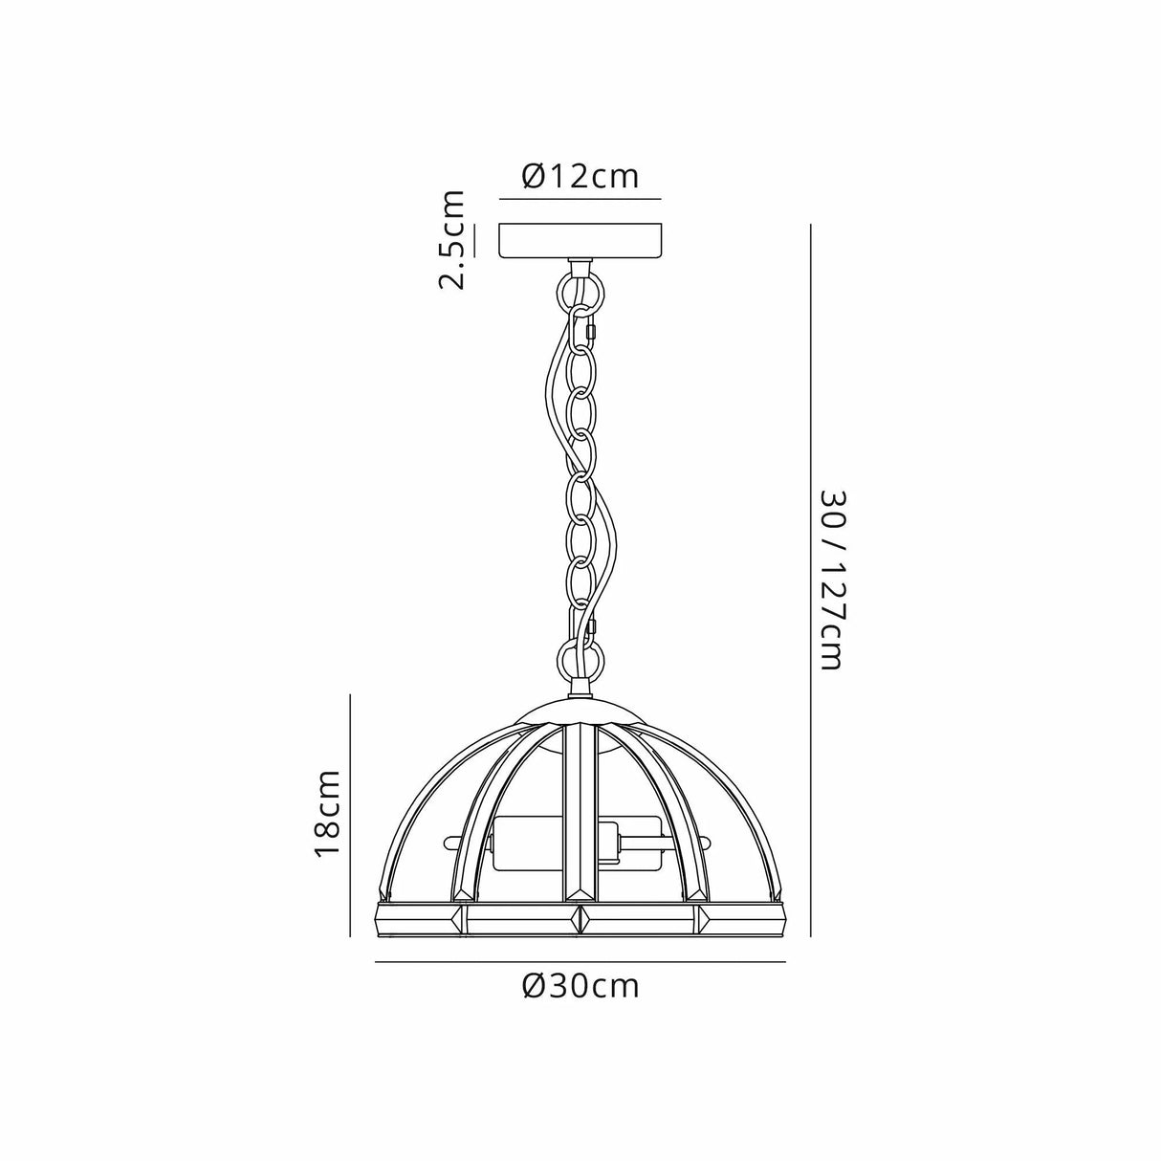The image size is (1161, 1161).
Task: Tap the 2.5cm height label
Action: pyautogui.click(x=451, y=240)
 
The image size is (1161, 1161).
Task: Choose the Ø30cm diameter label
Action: pyautogui.click(x=580, y=986)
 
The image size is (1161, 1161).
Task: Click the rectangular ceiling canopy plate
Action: pyautogui.click(x=580, y=240)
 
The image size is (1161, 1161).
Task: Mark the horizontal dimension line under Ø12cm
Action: pyautogui.click(x=580, y=199)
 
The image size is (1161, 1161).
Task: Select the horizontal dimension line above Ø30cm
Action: pyautogui.click(x=580, y=961)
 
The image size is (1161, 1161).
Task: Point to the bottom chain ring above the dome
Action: pyautogui.click(x=580, y=659)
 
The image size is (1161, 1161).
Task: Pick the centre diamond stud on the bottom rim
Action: pyautogui.click(x=580, y=918)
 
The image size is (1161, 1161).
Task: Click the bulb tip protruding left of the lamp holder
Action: pyautogui.click(x=451, y=843)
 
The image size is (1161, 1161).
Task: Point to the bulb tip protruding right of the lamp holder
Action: pyautogui.click(x=705, y=843)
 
